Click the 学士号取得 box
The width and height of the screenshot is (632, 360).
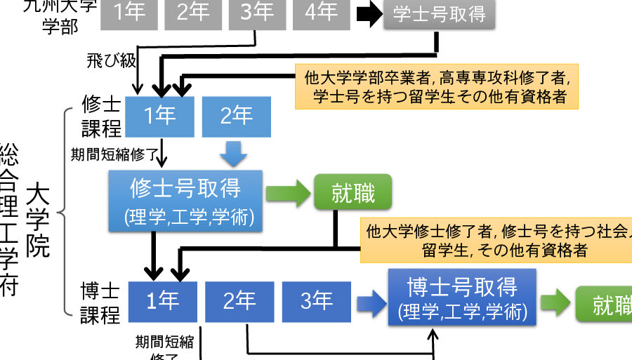click(x=438, y=15)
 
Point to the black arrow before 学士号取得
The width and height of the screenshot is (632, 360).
click(x=367, y=15)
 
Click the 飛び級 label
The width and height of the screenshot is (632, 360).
click(x=112, y=60)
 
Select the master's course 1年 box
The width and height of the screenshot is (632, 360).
click(x=159, y=116)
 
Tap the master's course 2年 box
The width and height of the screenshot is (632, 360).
click(x=236, y=116)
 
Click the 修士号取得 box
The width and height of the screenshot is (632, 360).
click(x=185, y=200)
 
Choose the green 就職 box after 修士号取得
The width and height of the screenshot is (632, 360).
click(x=353, y=192)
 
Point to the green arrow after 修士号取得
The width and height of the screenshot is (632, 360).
click(x=288, y=194)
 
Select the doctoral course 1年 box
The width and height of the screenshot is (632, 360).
click(x=162, y=302)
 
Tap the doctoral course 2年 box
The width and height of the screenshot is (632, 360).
click(x=239, y=302)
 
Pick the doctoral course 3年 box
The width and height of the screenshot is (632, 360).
click(x=316, y=302)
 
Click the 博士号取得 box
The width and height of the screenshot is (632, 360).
click(x=462, y=297)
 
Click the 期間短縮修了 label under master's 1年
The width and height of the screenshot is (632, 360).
click(x=112, y=153)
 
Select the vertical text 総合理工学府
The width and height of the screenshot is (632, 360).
click(x=9, y=218)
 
